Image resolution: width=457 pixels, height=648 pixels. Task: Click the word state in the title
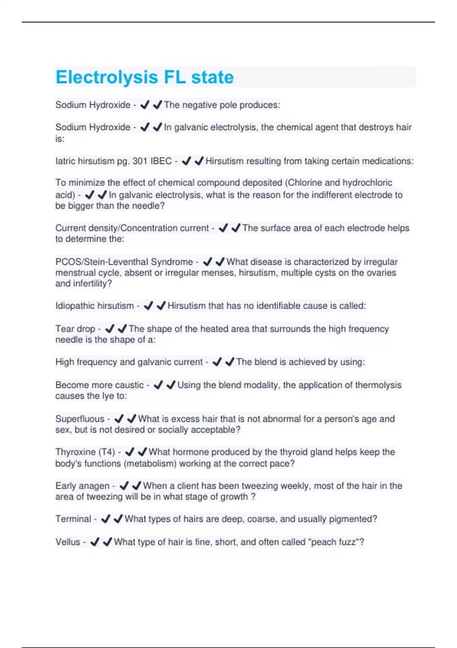[x=212, y=77]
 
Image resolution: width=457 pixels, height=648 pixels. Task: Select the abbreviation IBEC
[x=161, y=161]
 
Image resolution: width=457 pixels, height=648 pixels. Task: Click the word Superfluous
[x=80, y=419]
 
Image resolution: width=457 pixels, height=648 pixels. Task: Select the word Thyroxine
[x=75, y=452]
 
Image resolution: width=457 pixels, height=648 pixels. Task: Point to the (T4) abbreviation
[x=107, y=452]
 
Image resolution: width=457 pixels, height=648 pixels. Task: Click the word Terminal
[x=74, y=519]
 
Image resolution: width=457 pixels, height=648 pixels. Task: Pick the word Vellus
[x=68, y=542]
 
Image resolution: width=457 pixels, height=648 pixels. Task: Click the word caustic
[x=129, y=385]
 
